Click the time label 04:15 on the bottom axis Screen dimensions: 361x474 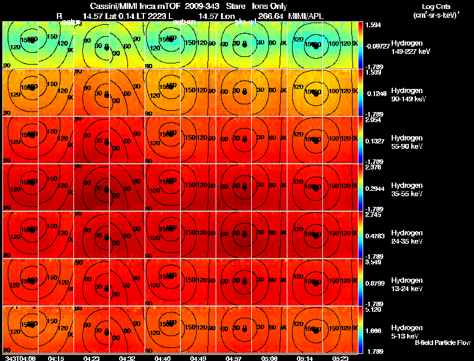(x=56, y=358)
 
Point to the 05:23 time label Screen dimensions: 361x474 (x=340, y=358)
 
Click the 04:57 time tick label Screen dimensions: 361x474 (x=234, y=358)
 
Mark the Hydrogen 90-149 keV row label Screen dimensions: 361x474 (x=408, y=95)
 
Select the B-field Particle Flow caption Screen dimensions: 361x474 (x=442, y=343)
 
